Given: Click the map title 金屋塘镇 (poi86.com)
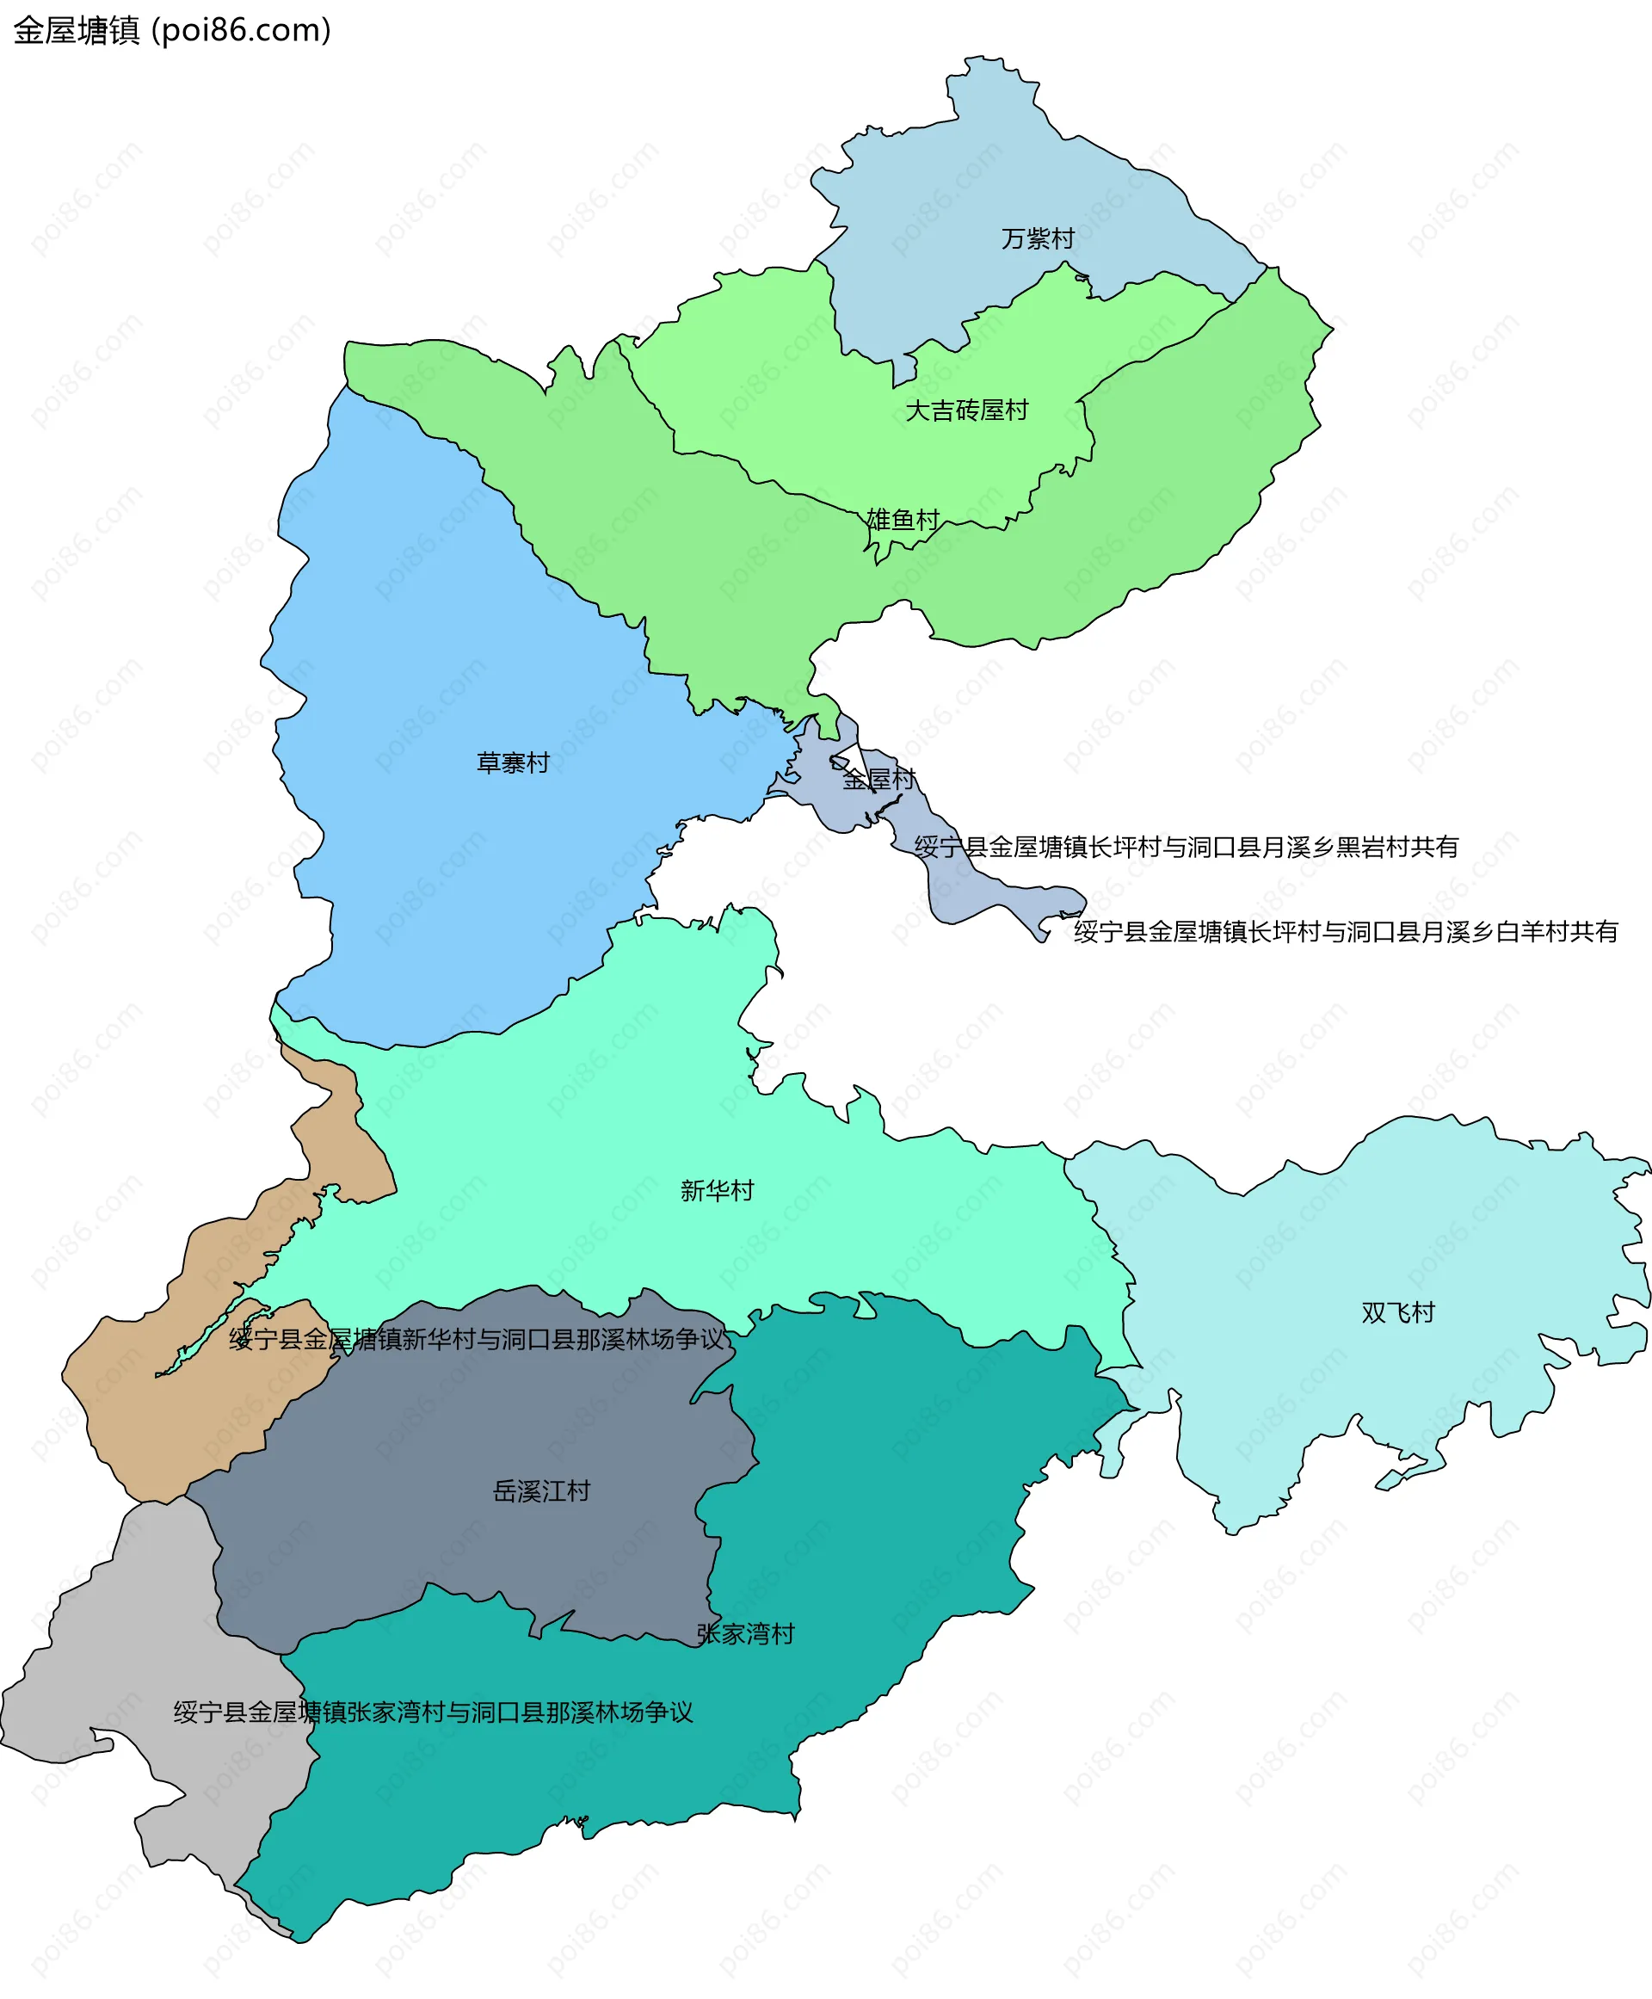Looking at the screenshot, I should [172, 30].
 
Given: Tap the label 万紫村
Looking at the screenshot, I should [1038, 239].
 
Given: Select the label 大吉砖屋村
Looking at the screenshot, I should [966, 410].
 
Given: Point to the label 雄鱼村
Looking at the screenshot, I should [902, 520].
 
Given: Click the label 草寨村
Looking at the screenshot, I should [513, 762].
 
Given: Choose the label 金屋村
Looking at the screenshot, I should [878, 780].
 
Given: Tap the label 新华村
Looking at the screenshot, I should [717, 1191].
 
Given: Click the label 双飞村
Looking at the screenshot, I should [1397, 1312].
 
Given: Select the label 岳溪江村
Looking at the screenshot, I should [541, 1491].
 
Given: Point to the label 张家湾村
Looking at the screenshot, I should [745, 1634].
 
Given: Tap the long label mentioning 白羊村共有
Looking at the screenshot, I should [1346, 932].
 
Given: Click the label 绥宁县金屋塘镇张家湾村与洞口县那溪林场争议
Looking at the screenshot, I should [433, 1712].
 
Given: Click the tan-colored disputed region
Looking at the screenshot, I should [143, 1409].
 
